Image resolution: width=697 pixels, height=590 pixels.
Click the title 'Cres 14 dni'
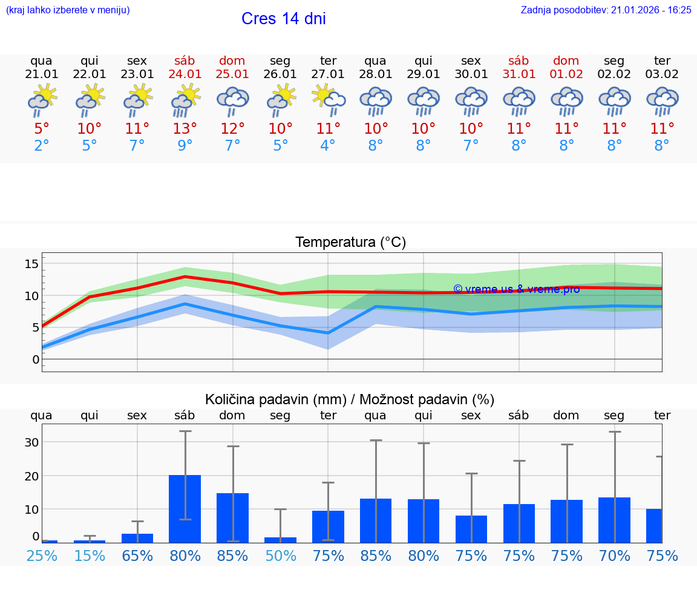(x=283, y=19)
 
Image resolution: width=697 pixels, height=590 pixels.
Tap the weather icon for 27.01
(x=328, y=100)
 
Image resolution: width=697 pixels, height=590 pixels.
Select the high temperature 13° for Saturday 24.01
(x=185, y=128)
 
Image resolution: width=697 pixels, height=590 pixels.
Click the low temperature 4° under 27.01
(x=328, y=145)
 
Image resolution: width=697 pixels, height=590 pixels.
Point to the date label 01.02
(x=566, y=74)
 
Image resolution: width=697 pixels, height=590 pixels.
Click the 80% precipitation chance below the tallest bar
(x=185, y=556)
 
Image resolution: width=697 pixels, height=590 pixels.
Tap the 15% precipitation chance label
(x=90, y=556)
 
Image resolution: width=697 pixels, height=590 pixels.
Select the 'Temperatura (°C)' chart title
(x=350, y=242)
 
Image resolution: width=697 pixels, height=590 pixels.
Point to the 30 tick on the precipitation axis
(x=31, y=442)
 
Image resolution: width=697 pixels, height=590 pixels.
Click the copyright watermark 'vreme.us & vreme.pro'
(x=516, y=289)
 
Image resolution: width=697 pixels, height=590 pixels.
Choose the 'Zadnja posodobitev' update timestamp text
(x=606, y=10)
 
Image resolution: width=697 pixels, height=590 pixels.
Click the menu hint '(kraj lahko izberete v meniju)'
(x=68, y=10)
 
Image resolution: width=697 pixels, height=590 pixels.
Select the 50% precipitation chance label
(x=280, y=556)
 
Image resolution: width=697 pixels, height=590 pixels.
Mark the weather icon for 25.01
(x=232, y=100)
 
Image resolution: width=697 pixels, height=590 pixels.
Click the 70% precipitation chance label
(x=614, y=556)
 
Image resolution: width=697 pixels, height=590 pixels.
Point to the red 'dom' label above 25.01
(x=232, y=61)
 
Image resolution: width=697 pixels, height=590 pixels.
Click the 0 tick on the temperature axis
(x=36, y=359)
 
